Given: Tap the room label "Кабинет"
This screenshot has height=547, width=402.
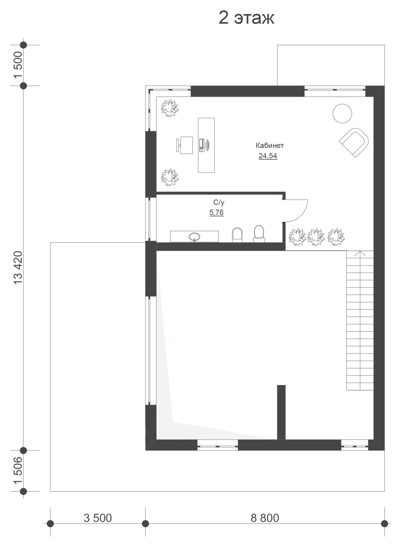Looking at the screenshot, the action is [270, 146].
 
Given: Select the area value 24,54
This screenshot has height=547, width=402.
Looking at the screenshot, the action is [268, 156].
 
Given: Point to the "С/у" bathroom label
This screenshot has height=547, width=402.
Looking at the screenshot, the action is [219, 202].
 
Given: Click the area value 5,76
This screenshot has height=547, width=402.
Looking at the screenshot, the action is [216, 212].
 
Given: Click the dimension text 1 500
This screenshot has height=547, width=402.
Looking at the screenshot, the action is [18, 65].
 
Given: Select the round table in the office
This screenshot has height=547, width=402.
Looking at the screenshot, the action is [342, 113].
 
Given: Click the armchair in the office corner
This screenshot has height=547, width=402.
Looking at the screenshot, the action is [354, 143].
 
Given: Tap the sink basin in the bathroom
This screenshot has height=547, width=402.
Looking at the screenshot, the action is [195, 236].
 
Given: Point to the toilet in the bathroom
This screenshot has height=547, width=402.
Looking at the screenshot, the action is [259, 234].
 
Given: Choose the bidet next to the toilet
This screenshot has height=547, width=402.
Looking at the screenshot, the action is [237, 235].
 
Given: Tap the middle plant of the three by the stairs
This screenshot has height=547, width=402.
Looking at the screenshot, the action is [316, 237].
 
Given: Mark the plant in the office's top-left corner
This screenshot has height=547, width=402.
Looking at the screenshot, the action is [170, 108].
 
